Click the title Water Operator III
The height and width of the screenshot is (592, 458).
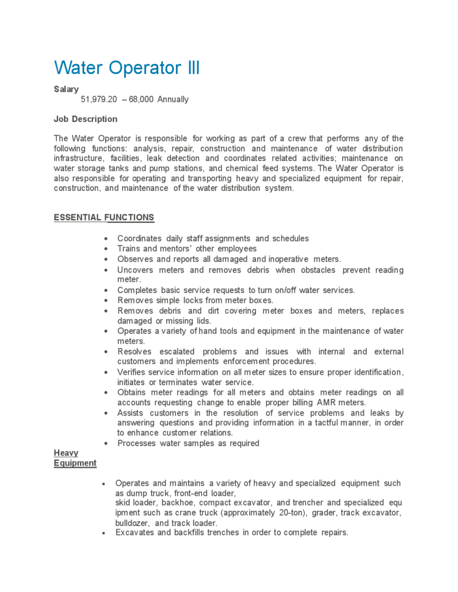(127, 68)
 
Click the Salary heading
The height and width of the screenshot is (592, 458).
(66, 89)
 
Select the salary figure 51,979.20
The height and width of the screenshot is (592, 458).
(99, 99)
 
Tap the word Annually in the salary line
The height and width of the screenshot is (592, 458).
(173, 99)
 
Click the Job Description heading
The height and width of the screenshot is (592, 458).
(85, 119)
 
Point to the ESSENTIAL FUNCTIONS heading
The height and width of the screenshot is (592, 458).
(104, 217)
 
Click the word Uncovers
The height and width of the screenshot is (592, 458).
(136, 270)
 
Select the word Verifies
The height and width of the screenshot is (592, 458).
(133, 372)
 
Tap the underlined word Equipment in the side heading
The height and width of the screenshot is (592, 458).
(75, 463)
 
